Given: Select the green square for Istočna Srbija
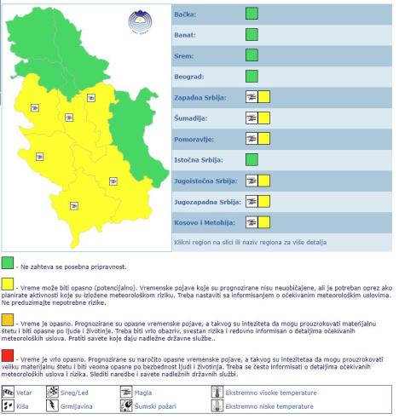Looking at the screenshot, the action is coord(251,159).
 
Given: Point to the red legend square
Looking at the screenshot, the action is coord(8,353).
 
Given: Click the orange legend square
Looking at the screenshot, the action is coord(8,319).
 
